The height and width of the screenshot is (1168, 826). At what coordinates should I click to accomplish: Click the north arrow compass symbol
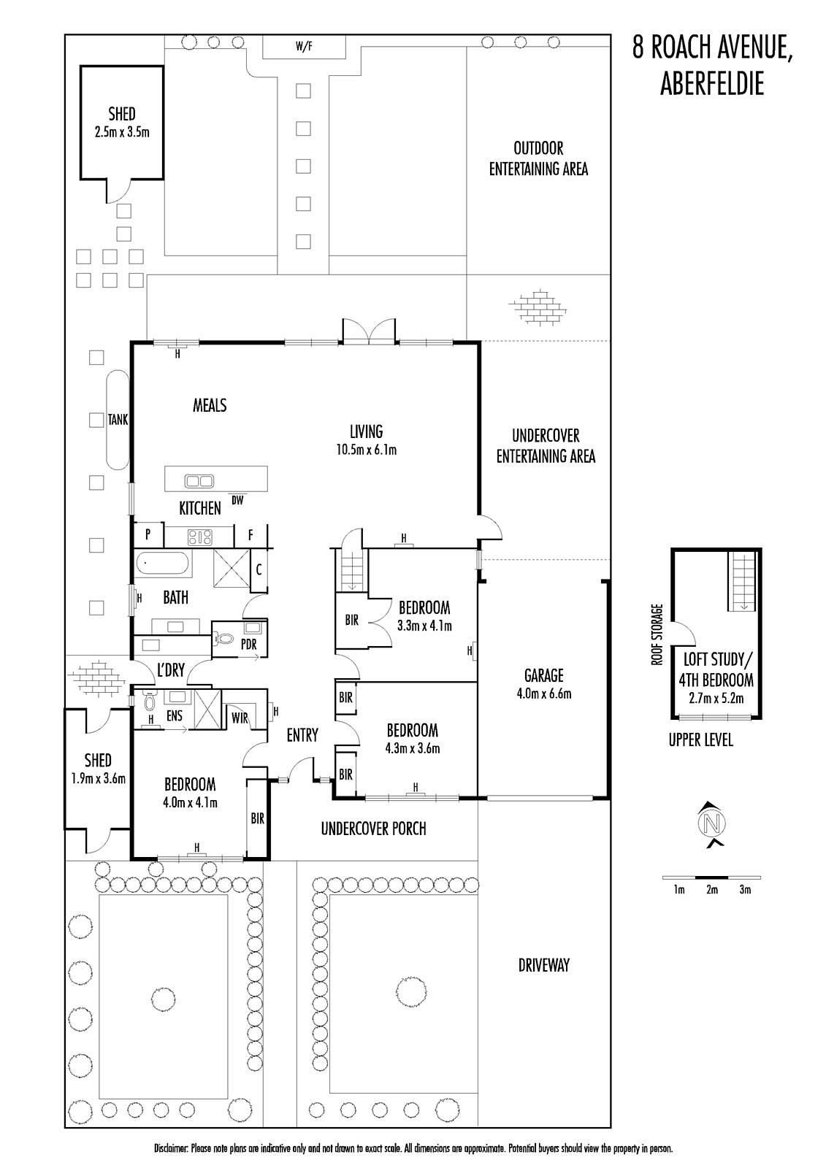(x=712, y=823)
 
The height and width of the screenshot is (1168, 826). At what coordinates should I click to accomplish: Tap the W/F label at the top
(x=304, y=47)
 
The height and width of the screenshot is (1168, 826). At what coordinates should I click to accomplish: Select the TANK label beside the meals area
(x=118, y=419)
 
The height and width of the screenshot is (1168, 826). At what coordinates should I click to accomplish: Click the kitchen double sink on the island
(x=199, y=480)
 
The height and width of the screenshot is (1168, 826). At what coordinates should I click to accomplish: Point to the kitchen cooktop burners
(x=200, y=537)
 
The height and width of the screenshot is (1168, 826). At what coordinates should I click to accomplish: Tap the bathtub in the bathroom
(x=163, y=564)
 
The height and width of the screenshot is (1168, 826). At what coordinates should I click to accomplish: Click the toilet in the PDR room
(x=224, y=638)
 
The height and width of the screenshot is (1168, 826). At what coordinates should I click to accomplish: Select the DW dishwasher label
(x=237, y=501)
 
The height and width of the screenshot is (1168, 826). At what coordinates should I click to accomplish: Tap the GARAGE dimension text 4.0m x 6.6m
(x=544, y=694)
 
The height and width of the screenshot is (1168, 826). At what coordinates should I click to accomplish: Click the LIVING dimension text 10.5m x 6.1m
(x=367, y=450)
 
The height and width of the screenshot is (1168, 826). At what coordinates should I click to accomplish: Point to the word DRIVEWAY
(x=543, y=965)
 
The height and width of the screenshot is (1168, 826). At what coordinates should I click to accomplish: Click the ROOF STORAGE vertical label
(x=657, y=634)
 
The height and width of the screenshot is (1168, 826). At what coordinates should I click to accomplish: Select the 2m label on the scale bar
(x=712, y=889)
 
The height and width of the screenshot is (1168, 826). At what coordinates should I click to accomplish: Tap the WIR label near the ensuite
(x=240, y=718)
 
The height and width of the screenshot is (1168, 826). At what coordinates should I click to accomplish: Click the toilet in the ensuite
(x=150, y=702)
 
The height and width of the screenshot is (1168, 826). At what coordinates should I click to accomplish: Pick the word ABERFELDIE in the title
(x=712, y=83)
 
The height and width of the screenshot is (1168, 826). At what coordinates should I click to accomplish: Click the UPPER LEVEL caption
(x=701, y=740)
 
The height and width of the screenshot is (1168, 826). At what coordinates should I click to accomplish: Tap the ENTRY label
(x=302, y=735)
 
